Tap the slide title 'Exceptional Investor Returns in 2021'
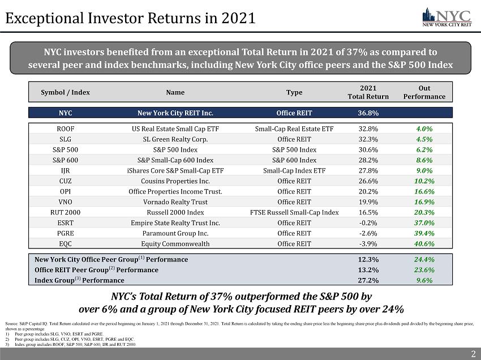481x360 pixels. click(131, 18)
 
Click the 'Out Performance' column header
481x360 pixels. click(424, 92)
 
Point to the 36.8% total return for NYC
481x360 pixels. click(368, 112)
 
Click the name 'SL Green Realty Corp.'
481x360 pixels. click(175, 139)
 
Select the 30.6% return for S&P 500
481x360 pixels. click(368, 150)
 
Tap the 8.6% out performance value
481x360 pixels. click(424, 160)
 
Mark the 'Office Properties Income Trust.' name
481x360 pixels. click(175, 191)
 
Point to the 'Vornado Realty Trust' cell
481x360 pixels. click(175, 202)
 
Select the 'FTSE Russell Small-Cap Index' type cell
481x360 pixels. click(294, 212)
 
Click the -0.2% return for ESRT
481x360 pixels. click(368, 223)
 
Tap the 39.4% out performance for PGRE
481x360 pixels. click(424, 233)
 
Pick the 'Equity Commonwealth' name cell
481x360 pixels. click(175, 244)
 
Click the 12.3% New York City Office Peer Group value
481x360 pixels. click(368, 259)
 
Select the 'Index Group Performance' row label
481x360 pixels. click(79, 280)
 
